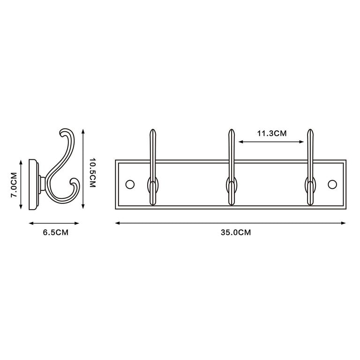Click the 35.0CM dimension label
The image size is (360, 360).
coord(236,232)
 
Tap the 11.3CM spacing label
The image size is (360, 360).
coord(272,134)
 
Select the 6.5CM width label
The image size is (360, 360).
coord(56,232)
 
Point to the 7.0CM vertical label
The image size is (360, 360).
coord(14,185)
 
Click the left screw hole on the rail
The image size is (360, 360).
coord(130,184)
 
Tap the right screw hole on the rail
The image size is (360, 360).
coord(332,184)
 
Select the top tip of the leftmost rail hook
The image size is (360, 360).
coord(153,129)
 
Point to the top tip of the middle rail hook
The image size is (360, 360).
coord(232,129)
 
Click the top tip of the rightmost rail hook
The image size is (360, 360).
coord(310,129)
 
